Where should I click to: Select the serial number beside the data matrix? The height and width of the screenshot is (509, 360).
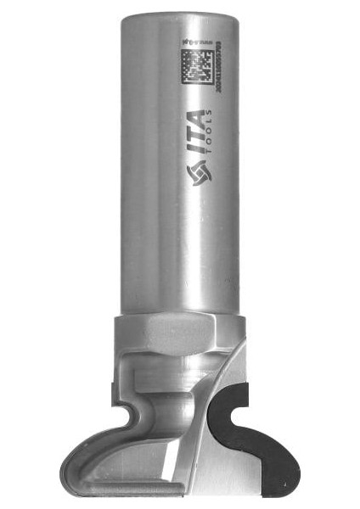223,67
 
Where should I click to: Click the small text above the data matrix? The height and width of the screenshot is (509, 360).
199,39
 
